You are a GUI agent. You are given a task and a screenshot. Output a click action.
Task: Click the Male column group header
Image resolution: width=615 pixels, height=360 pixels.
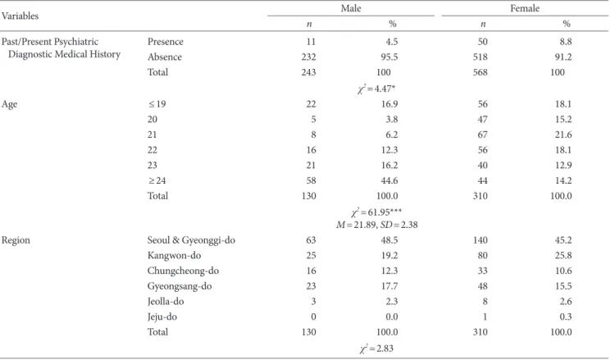[x=351, y=8]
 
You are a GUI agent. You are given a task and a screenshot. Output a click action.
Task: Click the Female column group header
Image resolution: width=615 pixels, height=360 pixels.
[x=525, y=8]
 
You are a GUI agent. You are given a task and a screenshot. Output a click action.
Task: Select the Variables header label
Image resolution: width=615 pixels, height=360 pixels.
[x=20, y=16]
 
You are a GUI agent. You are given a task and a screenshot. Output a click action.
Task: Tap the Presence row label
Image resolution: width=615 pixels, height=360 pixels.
[x=165, y=42]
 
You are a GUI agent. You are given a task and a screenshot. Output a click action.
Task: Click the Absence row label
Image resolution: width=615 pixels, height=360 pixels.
[x=164, y=57]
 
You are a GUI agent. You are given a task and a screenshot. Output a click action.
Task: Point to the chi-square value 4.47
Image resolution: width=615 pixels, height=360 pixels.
[x=376, y=89]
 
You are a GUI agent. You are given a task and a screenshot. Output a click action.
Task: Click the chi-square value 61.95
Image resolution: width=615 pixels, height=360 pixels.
[x=376, y=212]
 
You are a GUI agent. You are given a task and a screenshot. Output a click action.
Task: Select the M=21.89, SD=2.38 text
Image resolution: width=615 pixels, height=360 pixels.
[x=376, y=225]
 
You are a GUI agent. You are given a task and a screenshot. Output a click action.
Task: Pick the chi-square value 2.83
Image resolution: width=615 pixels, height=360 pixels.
[x=376, y=349]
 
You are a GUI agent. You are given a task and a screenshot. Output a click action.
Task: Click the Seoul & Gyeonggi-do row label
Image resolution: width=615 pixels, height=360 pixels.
[x=191, y=240]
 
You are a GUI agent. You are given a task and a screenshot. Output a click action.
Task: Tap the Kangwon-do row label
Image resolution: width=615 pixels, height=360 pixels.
[x=174, y=255]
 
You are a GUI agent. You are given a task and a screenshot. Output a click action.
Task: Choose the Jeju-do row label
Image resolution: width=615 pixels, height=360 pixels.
[x=162, y=317]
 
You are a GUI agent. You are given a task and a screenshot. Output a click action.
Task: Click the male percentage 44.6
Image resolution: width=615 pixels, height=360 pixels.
[x=389, y=180]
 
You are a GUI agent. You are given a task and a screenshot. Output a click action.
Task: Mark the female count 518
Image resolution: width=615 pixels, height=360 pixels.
[x=480, y=57]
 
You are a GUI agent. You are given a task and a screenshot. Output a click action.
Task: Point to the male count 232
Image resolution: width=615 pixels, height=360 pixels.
[x=308, y=57]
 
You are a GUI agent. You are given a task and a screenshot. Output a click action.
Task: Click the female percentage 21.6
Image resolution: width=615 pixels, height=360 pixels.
[x=563, y=134]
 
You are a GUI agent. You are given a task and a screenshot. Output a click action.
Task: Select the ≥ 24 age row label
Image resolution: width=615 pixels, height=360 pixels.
[x=157, y=180]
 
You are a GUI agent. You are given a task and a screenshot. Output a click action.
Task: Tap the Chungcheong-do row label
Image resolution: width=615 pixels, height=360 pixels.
[x=183, y=271]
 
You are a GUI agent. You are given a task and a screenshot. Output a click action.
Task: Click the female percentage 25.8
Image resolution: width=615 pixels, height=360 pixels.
[x=563, y=255]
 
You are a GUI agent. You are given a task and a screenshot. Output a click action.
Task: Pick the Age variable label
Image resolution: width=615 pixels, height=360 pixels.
[x=9, y=104]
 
